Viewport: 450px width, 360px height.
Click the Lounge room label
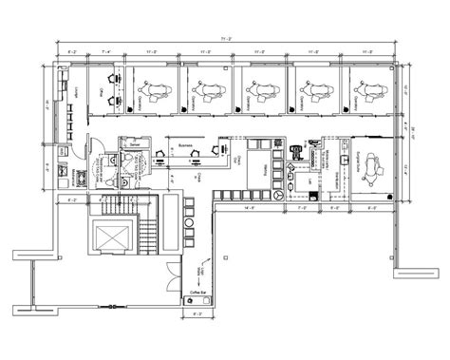click(75, 89)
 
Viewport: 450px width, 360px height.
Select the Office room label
click(101, 91)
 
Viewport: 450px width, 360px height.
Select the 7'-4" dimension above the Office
click(102, 55)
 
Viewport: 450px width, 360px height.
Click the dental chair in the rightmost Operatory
click(364, 90)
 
